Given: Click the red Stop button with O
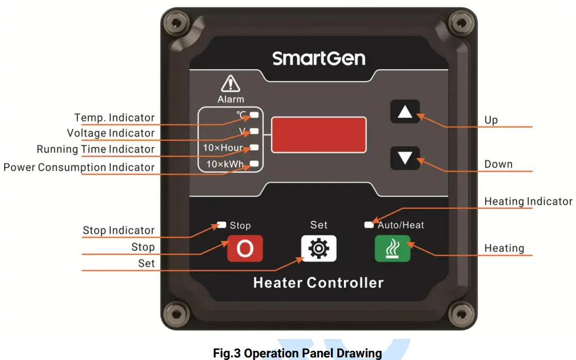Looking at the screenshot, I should (x=245, y=249).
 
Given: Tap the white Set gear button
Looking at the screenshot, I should (x=319, y=249).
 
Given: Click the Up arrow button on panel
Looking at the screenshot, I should (x=405, y=112).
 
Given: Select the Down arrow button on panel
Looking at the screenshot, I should (x=405, y=158).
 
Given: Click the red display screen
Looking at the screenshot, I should (x=319, y=134).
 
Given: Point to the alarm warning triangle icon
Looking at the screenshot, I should (x=231, y=84).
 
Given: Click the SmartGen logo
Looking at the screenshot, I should (x=319, y=58).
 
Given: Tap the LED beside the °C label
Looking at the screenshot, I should (x=255, y=114).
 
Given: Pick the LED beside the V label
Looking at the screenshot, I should (x=255, y=131).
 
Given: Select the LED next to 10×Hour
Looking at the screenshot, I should (x=255, y=148).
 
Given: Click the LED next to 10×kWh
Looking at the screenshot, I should (x=255, y=164).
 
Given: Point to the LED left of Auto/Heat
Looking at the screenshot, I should (x=369, y=225).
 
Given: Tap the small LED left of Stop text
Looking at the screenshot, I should (x=222, y=225).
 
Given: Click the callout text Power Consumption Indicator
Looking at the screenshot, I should (x=79, y=167).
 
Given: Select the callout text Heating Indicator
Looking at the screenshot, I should (x=528, y=202).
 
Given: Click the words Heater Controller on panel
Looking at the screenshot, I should (x=318, y=283).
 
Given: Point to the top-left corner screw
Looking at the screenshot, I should (x=176, y=23).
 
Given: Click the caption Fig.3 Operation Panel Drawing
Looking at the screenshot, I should (x=298, y=353).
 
